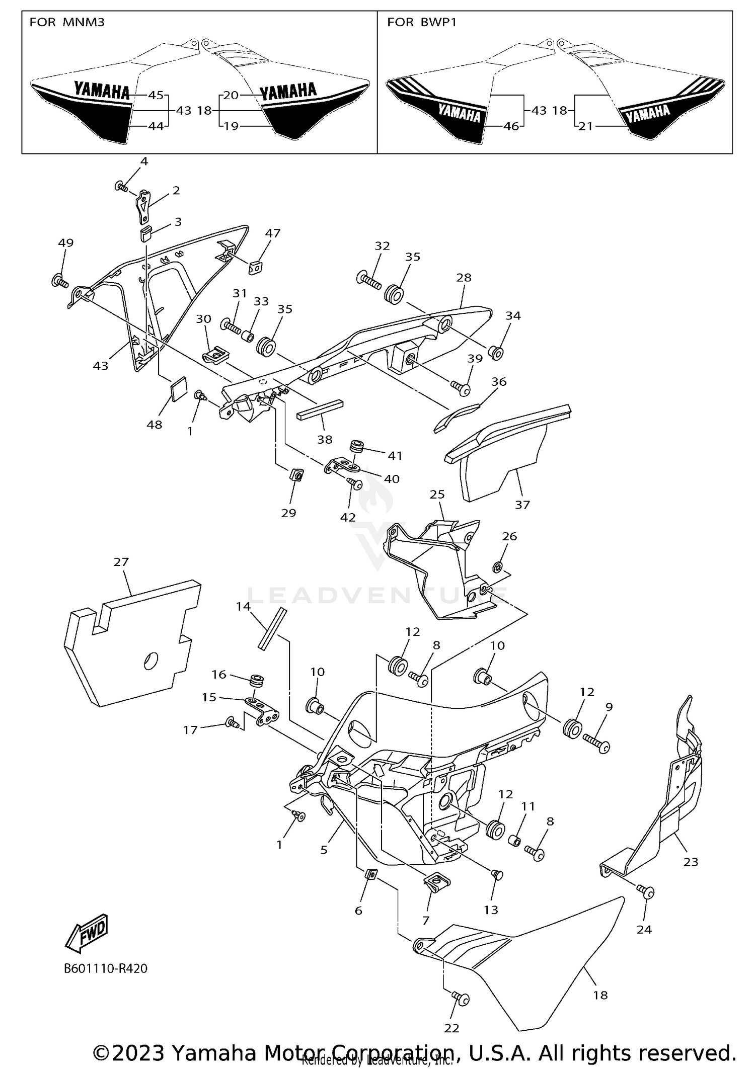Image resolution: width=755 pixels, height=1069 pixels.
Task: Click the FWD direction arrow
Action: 87,933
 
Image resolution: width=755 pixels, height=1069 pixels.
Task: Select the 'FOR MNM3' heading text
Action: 67,22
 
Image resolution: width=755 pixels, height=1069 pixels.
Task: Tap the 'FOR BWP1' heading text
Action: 422,22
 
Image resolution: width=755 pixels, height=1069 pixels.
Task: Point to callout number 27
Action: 121,562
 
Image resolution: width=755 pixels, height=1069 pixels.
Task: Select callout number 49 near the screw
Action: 65,242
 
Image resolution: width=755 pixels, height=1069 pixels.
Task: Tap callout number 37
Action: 522,504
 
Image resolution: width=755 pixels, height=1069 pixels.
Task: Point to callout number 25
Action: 437,495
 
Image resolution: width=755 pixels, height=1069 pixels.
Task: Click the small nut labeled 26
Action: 497,567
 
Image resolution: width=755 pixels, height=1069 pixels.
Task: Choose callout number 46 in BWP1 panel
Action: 511,126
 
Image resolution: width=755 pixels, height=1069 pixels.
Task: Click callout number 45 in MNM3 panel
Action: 156,95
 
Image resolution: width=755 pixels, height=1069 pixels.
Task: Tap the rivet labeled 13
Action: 497,876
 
